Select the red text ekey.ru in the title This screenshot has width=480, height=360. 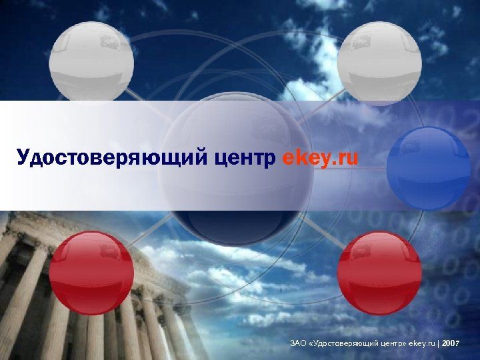click(321, 159)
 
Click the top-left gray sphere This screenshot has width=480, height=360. click(92, 62)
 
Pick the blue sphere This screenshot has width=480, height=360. click(429, 168)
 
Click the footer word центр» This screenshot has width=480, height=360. click(392, 343)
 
